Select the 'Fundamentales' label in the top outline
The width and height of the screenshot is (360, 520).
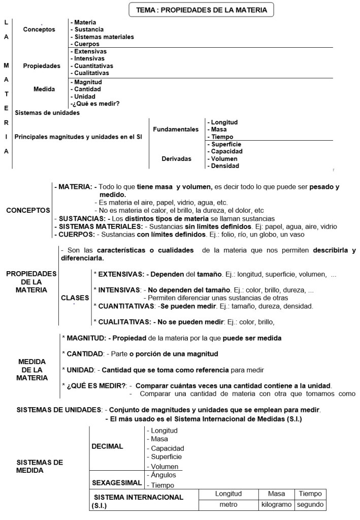pyautogui.click(x=176, y=129)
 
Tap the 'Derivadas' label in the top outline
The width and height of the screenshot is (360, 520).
pyautogui.click(x=176, y=158)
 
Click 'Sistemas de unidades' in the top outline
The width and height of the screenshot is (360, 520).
pyautogui.click(x=47, y=113)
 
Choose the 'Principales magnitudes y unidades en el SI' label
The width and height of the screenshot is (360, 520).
pyautogui.click(x=78, y=137)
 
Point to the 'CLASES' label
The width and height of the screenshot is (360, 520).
pyautogui.click(x=75, y=298)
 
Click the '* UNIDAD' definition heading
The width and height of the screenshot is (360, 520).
pyautogui.click(x=79, y=369)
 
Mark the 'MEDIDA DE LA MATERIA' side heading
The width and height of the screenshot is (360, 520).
pyautogui.click(x=32, y=370)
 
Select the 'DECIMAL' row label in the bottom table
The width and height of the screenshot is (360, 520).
pyautogui.click(x=107, y=446)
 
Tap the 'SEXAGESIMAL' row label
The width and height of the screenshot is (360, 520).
pyautogui.click(x=115, y=480)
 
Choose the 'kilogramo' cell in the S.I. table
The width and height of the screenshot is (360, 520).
pyautogui.click(x=276, y=505)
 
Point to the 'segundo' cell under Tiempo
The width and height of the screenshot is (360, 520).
pyautogui.click(x=310, y=505)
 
